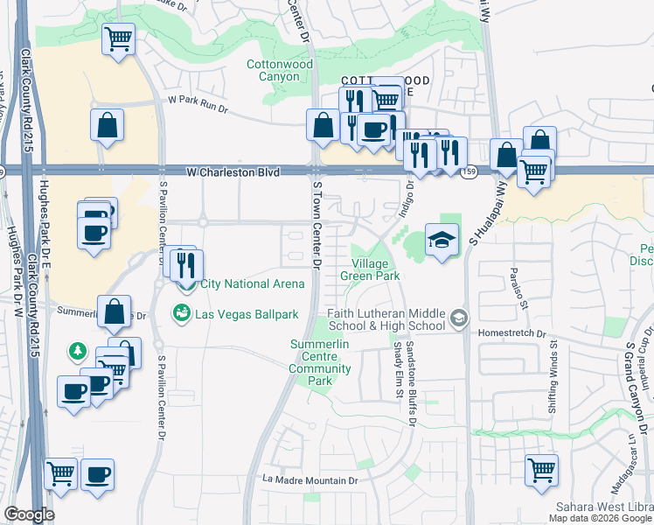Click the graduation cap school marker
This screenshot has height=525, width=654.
(442, 239)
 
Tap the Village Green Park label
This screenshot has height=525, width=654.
(375, 269)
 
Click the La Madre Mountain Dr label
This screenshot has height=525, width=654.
(311, 480)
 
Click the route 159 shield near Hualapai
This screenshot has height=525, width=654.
(470, 171)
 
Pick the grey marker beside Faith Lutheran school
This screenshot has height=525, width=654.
(460, 319)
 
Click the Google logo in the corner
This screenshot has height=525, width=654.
(29, 514)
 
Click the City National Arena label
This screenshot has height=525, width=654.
(252, 283)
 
